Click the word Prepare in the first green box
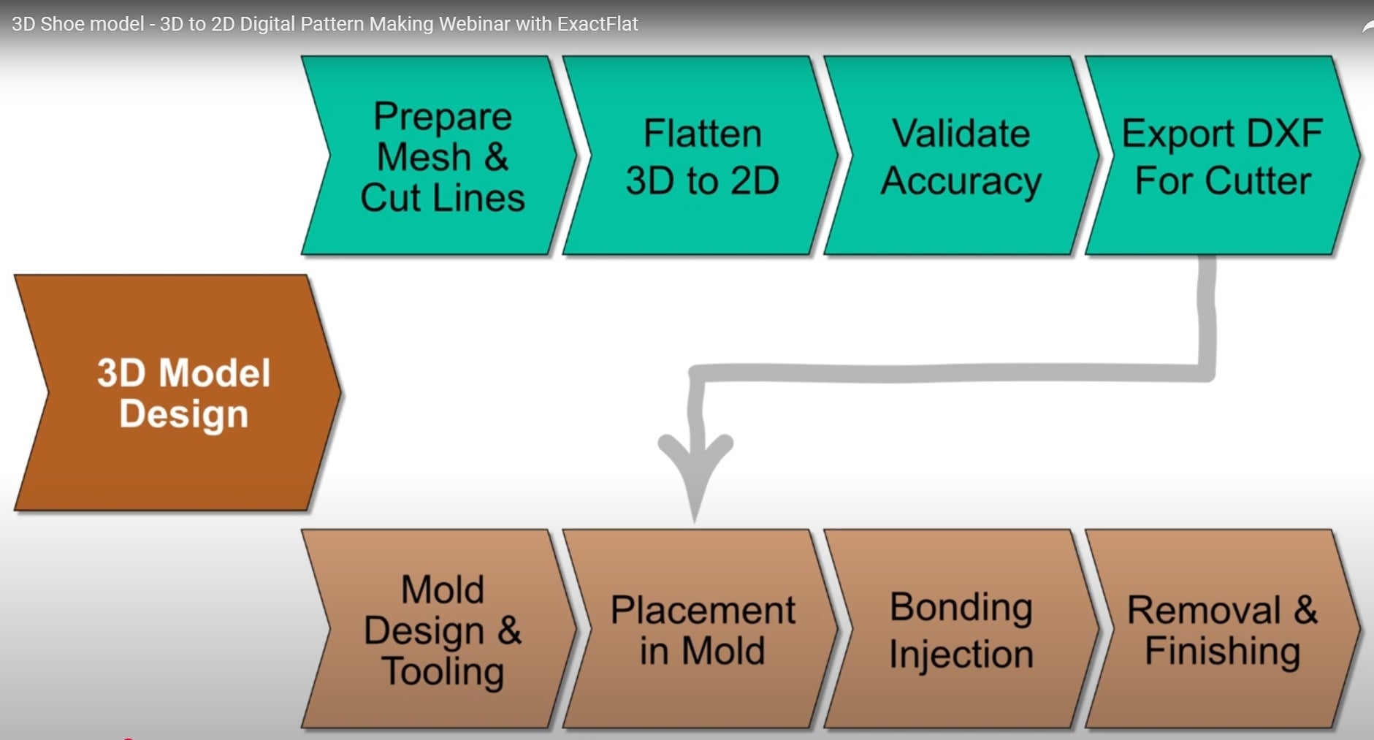coord(442,118)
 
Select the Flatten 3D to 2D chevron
coord(701,156)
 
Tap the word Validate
coord(961,134)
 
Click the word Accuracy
coord(961,182)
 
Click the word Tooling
coord(443,672)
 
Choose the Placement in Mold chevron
coord(701,630)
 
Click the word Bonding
coord(961,608)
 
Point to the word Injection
coord(961,655)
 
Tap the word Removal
coord(1203,610)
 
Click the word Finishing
coord(1222,651)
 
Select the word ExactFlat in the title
coord(598,24)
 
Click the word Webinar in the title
coord(474,24)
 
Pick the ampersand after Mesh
coord(496,157)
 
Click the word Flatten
coord(702,134)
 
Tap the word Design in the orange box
coord(183,415)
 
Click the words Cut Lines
coord(442,198)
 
